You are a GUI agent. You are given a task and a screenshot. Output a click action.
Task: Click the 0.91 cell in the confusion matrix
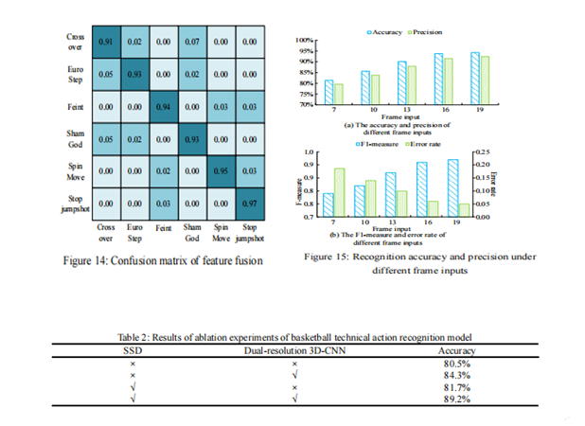point(107,43)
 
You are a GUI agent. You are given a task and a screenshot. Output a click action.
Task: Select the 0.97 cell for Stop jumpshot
point(250,203)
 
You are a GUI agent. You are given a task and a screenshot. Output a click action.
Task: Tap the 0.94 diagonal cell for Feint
point(164,107)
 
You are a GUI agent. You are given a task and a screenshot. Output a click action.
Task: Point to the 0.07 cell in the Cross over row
point(192,43)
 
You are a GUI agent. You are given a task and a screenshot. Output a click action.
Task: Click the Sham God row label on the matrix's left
point(76,139)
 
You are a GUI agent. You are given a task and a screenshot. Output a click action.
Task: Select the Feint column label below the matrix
point(164,228)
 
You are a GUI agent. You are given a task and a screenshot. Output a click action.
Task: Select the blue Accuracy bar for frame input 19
point(474,79)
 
